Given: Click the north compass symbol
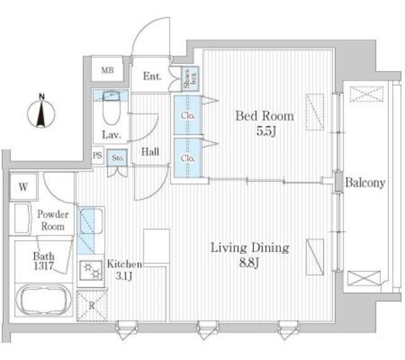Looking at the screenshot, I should click(42, 113).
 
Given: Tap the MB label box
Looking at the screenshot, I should click(108, 70).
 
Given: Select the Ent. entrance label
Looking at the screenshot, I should click(152, 77).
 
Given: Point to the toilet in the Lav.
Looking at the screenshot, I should click(111, 113).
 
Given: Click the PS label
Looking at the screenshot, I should click(97, 155).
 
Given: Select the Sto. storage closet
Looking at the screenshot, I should click(118, 158).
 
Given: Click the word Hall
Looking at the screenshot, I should click(150, 152).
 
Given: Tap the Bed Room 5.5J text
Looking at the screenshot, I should click(265, 123).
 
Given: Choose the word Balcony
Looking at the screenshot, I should click(365, 183).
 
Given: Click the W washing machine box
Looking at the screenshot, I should click(23, 187).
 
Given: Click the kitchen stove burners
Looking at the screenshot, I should click(91, 272).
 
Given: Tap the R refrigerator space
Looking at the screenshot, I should click(91, 306).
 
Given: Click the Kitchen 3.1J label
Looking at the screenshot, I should click(124, 271).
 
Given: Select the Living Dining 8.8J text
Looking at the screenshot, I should click(249, 254).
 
